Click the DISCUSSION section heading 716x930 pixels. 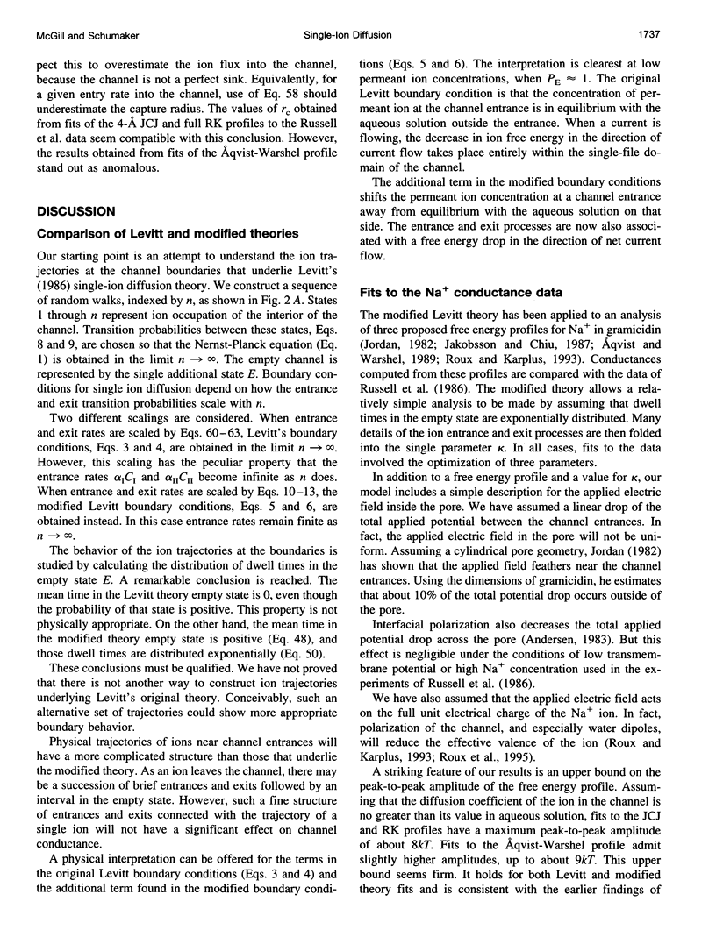point(77,211)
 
